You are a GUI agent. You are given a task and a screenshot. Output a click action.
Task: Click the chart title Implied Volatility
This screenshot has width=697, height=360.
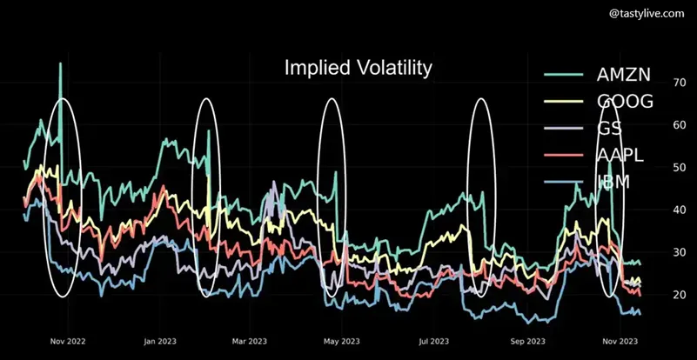tap(358, 69)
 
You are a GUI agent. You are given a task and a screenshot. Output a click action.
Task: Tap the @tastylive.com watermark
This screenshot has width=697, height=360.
tap(647, 14)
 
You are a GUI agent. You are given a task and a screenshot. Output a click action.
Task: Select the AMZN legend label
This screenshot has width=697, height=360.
tap(623, 75)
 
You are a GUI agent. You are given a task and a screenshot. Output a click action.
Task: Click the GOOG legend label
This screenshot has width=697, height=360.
tap(625, 102)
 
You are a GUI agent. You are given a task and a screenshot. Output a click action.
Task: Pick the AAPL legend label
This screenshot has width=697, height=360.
tap(620, 156)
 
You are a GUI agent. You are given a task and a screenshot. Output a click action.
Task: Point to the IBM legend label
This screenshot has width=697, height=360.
tap(613, 183)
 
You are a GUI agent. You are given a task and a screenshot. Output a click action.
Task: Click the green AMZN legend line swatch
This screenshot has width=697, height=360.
tap(563, 75)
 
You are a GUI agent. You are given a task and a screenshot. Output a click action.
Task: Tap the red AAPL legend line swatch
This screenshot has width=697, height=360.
tap(563, 156)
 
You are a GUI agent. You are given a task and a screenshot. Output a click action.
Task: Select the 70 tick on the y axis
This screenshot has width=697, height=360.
tap(679, 83)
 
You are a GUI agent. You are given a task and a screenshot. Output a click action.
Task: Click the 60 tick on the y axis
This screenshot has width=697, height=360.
tap(679, 125)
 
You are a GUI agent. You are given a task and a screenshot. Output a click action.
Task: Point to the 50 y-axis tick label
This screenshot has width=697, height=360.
tap(679, 168)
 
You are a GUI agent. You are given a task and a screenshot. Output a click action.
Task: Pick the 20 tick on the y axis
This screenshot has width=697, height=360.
tap(679, 295)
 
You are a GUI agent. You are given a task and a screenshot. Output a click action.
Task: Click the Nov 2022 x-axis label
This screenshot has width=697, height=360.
tap(68, 342)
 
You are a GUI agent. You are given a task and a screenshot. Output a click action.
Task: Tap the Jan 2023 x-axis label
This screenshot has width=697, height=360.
tap(159, 342)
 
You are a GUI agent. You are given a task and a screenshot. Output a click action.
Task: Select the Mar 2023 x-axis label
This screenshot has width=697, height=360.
tap(250, 342)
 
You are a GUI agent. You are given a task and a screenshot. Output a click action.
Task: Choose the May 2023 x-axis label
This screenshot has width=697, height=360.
tap(342, 342)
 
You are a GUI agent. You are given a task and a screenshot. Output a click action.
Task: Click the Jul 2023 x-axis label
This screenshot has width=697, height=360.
tap(434, 342)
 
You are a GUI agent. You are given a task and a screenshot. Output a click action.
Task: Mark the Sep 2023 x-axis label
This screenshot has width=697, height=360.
tap(527, 342)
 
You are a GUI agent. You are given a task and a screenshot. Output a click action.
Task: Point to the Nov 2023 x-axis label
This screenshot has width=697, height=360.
tap(620, 342)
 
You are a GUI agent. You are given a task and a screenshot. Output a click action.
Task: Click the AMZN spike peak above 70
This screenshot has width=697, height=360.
tap(60, 63)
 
